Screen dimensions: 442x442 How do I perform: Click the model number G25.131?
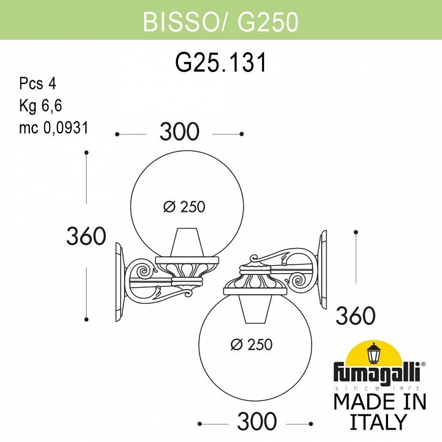coord(221,63)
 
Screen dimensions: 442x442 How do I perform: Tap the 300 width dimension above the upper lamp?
coord(179,132)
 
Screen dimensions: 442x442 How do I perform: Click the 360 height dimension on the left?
coord(86,236)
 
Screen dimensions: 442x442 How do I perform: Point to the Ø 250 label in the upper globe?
coord(184,207)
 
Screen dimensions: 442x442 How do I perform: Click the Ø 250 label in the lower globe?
coord(251,345)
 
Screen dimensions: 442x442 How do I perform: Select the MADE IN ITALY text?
coord(379,412)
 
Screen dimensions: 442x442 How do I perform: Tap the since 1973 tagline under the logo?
coord(376,389)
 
